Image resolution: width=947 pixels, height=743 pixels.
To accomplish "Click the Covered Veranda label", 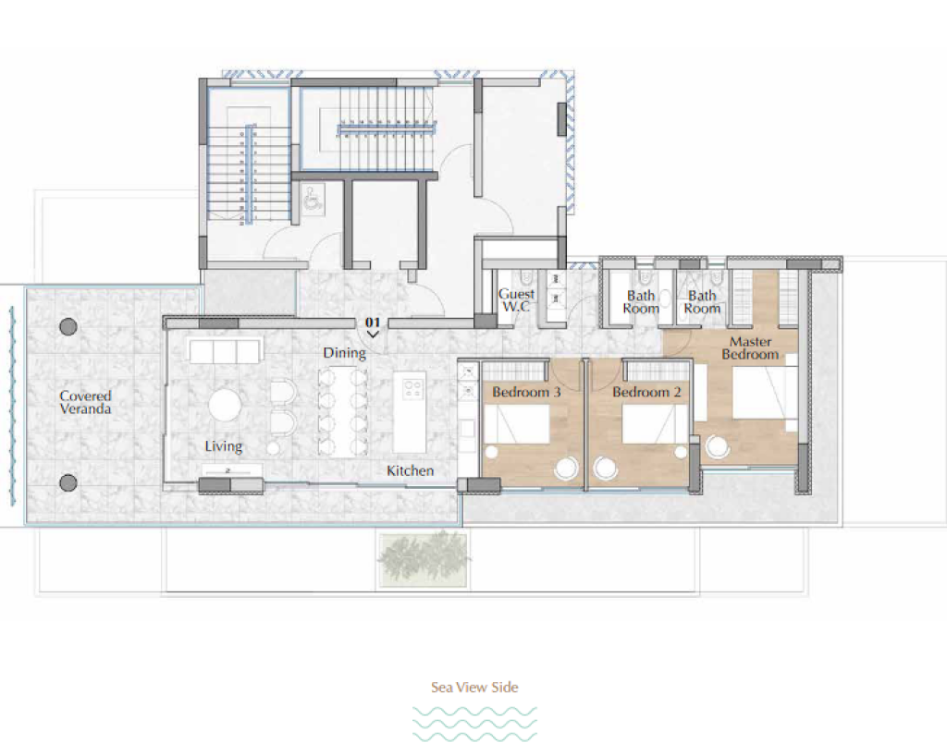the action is pyautogui.click(x=85, y=403).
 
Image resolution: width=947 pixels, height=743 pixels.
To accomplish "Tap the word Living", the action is pyautogui.click(x=224, y=446).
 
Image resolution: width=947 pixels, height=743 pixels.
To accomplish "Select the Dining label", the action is pyautogui.click(x=344, y=353).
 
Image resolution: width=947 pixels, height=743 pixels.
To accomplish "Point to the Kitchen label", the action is pyautogui.click(x=410, y=470).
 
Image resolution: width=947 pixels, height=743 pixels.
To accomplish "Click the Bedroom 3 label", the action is pyautogui.click(x=526, y=393).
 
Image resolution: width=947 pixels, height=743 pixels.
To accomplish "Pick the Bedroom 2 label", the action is pyautogui.click(x=646, y=393).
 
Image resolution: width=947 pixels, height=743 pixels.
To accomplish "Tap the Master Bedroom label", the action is pyautogui.click(x=750, y=348).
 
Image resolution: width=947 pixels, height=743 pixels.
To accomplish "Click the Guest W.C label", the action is pyautogui.click(x=516, y=300).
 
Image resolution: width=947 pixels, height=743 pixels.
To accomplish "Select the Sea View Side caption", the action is pyautogui.click(x=474, y=687).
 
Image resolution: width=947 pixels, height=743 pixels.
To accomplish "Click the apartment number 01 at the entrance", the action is pyautogui.click(x=373, y=323).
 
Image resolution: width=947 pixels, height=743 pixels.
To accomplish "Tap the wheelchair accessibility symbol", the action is pyautogui.click(x=313, y=200).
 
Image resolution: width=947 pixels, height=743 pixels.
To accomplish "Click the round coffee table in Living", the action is pyautogui.click(x=226, y=405).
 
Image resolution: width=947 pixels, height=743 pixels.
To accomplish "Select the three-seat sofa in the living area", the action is pyautogui.click(x=226, y=350).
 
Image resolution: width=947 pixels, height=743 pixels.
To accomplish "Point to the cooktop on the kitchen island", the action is pyautogui.click(x=413, y=387).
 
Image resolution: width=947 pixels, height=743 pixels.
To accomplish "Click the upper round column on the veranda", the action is pyautogui.click(x=68, y=327).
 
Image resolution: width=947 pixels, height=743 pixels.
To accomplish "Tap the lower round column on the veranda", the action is pyautogui.click(x=68, y=483).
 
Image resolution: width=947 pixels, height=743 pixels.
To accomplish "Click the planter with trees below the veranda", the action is pyautogui.click(x=423, y=558).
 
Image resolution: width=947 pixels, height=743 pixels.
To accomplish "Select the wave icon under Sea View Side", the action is pyautogui.click(x=474, y=723).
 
